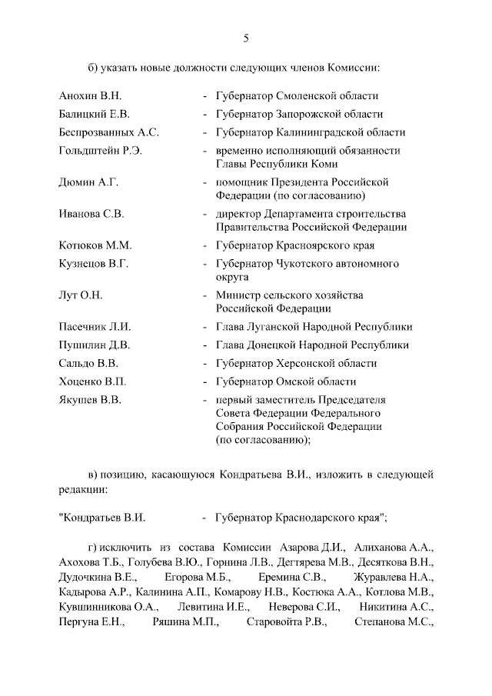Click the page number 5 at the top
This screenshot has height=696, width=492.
point(246,38)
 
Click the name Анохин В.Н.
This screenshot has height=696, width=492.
point(90,96)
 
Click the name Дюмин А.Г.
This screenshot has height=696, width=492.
point(88,182)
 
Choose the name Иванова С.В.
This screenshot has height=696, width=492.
point(91,214)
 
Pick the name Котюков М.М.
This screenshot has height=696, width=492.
point(95,245)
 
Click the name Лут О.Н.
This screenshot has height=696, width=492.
point(81,295)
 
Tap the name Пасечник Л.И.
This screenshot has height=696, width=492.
point(95,327)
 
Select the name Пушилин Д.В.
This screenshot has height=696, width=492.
point(94,345)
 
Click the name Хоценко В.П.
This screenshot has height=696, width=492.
point(92,381)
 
